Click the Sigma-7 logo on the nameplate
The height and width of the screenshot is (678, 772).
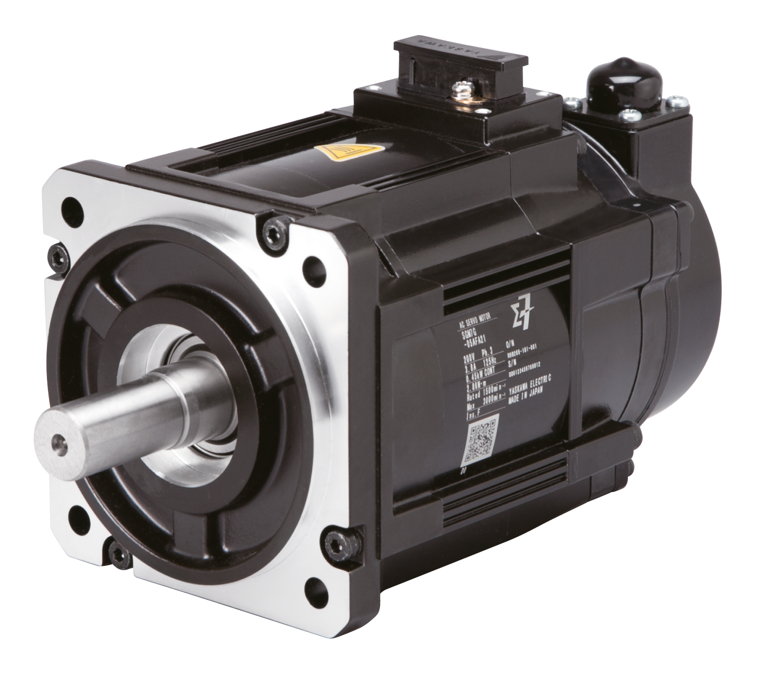pyautogui.click(x=520, y=317)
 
